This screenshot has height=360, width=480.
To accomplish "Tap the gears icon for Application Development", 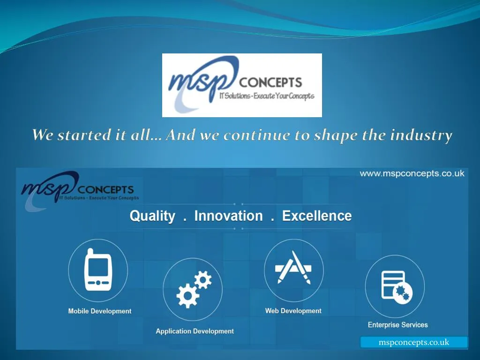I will point(194,289).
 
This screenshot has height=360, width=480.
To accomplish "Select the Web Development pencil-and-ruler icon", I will point(293,268).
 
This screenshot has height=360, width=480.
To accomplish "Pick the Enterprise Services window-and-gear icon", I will point(395,286).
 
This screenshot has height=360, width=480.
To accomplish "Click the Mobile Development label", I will point(100,311).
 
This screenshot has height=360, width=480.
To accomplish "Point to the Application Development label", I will point(195,331).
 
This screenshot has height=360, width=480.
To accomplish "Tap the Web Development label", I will point(293,311).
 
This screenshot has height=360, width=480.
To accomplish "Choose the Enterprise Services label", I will point(397,325).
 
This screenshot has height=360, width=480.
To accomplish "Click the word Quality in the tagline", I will point(152,216).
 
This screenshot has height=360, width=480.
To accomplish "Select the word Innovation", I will point(228,216).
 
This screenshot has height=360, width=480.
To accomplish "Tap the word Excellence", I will point(317,216).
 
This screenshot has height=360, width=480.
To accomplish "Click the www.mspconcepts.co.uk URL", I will point(412,173).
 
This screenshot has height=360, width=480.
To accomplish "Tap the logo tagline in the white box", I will point(267,97).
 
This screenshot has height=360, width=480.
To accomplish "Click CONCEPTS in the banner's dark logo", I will point(105,190).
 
